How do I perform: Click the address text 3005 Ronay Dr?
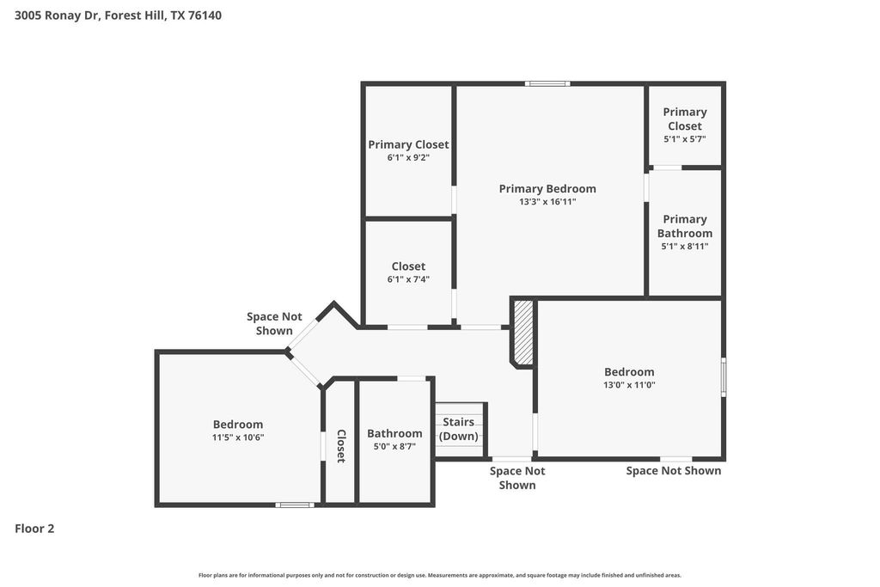(58, 15)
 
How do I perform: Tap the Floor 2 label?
(34, 528)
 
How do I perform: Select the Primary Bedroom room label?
(547, 188)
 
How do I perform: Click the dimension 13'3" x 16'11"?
(547, 201)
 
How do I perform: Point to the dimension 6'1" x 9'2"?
(408, 157)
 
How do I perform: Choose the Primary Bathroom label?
(685, 226)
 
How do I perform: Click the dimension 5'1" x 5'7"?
(685, 139)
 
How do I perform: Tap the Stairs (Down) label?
(459, 429)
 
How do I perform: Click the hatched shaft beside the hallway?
(523, 333)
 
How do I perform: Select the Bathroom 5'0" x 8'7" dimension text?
(394, 447)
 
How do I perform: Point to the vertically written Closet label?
(340, 446)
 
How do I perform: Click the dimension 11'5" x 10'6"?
(238, 437)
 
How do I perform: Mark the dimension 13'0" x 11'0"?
(629, 385)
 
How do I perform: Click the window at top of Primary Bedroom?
(547, 84)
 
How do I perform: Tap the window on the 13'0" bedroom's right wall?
(724, 377)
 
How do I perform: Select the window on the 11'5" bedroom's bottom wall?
(295, 504)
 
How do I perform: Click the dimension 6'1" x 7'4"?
(408, 279)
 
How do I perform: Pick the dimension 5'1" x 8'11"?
(685, 247)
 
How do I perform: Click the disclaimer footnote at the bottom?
(440, 575)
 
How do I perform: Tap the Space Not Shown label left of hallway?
(274, 324)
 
